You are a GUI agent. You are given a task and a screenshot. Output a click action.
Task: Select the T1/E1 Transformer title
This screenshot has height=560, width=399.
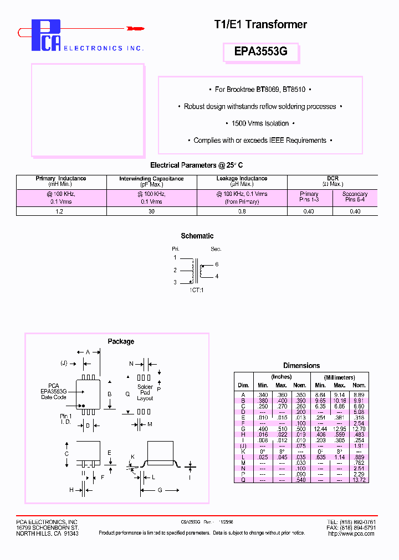[260, 24]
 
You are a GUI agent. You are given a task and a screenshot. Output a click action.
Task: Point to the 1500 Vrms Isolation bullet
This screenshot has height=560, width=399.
[260, 123]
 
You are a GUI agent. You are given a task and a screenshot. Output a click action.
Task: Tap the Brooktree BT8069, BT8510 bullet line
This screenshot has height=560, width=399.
[260, 89]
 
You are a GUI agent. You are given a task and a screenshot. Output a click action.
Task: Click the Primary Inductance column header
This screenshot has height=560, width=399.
[61, 181]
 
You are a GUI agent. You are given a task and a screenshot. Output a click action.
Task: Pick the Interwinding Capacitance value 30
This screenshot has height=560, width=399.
[151, 211]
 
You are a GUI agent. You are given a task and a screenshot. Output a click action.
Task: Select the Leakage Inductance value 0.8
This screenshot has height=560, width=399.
[242, 211]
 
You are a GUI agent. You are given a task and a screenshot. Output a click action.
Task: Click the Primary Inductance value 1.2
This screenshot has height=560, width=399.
[61, 211]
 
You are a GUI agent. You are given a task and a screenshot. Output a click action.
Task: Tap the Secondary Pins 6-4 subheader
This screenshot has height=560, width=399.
[355, 196]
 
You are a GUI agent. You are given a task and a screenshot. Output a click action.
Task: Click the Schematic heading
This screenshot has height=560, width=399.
[197, 236]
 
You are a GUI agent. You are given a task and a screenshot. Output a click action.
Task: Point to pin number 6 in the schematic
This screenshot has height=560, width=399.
[217, 265]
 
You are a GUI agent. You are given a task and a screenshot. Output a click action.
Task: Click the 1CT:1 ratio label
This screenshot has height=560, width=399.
[197, 290]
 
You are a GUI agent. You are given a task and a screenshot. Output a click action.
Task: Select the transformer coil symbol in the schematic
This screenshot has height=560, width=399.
[196, 271]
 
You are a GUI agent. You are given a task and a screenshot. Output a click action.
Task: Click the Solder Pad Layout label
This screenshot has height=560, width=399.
[145, 392]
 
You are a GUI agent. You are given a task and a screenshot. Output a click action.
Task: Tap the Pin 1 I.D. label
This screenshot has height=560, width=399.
[66, 419]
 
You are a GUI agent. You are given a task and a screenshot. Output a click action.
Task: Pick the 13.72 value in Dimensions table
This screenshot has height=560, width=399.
[359, 479]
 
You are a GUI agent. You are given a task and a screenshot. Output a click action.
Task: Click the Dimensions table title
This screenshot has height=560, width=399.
[301, 366]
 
